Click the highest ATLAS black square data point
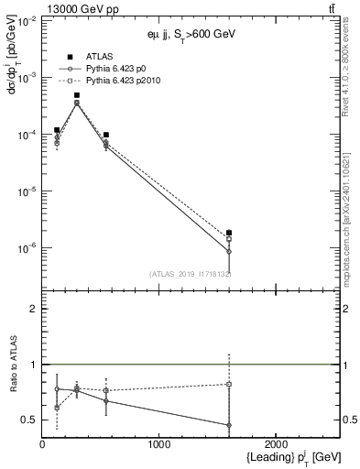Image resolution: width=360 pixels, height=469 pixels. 77,95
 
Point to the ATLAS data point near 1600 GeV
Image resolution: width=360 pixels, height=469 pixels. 229,233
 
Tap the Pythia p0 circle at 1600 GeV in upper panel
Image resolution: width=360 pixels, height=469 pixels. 229,251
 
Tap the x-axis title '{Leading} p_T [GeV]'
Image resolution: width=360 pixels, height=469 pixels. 282,457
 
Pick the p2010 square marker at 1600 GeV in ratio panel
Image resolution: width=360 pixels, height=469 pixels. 229,384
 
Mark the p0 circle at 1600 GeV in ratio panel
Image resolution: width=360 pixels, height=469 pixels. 229,425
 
